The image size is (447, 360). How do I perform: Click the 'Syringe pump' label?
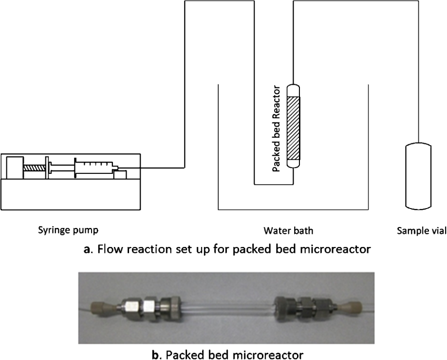pyautogui.click(x=68, y=230)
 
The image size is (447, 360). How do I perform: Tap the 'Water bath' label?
pyautogui.click(x=288, y=230)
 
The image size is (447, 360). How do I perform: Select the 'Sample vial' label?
pyautogui.click(x=422, y=230)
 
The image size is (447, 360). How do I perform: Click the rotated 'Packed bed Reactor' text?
pyautogui.click(x=276, y=129)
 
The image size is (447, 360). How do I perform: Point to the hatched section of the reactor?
pyautogui.click(x=293, y=128)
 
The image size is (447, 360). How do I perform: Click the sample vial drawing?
pyautogui.click(x=418, y=176)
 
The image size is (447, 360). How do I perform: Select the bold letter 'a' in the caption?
pyautogui.click(x=87, y=249)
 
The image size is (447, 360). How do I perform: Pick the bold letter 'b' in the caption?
pyautogui.click(x=155, y=355)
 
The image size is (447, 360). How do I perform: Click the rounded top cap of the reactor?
pyautogui.click(x=293, y=91)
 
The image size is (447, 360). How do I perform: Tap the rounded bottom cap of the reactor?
pyautogui.click(x=293, y=164)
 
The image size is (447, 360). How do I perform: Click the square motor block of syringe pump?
pyautogui.click(x=15, y=168)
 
